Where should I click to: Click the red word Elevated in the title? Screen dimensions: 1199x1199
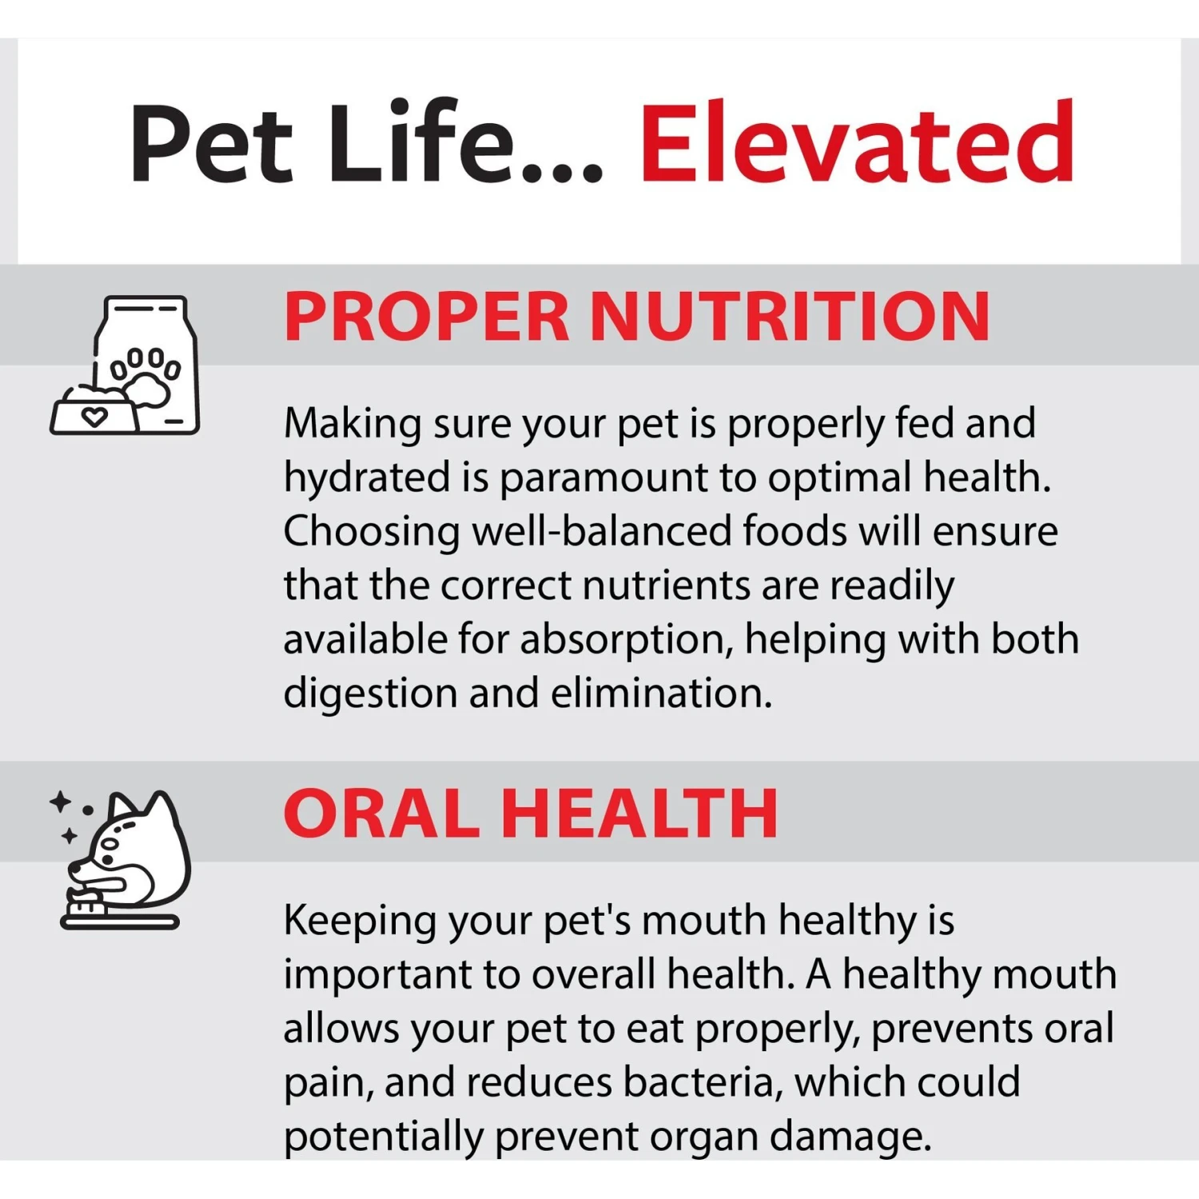[857, 142]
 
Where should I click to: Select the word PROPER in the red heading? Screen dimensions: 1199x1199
[426, 317]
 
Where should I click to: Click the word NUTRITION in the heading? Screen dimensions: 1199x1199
[790, 317]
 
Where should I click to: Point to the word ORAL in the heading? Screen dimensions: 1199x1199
[382, 814]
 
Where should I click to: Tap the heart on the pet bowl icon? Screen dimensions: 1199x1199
[94, 417]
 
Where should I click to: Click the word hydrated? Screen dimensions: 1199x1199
[367, 477]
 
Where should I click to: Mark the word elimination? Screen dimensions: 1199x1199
[662, 692]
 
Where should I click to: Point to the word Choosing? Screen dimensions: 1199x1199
[372, 532]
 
